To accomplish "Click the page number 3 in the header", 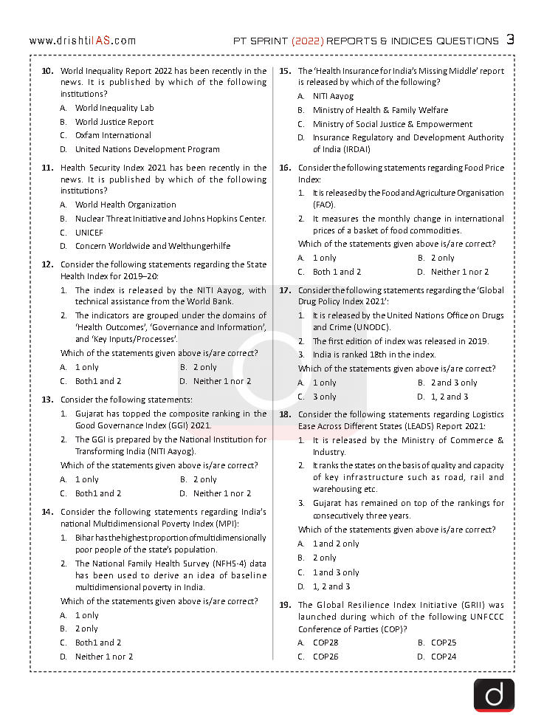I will click(510, 40).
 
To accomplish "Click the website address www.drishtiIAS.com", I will click(83, 41).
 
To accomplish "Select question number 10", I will click(47, 71).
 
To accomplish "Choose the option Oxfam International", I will click(113, 135).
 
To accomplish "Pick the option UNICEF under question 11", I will click(89, 232).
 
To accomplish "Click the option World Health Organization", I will click(125, 205).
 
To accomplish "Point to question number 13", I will click(47, 400).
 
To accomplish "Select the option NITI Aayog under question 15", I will click(333, 96).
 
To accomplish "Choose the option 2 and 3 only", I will click(454, 383).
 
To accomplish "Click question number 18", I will click(284, 415).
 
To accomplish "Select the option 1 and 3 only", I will click(336, 572).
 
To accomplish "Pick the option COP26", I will click(326, 657).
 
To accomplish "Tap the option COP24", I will click(444, 657).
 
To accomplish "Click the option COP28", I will click(326, 643).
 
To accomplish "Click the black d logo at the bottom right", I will click(494, 694).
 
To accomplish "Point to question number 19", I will click(284, 605).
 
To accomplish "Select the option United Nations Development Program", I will click(148, 149).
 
